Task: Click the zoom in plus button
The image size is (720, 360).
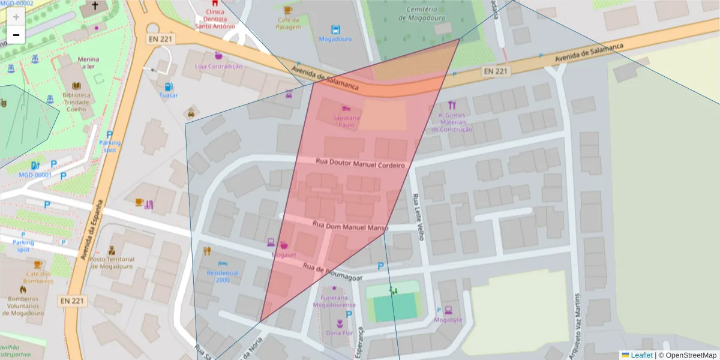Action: [16, 17]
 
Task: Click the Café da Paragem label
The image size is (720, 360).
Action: [288, 23]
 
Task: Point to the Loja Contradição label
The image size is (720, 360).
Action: [218, 67]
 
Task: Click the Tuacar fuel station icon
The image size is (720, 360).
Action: [169, 86]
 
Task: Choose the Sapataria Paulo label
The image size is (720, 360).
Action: [347, 121]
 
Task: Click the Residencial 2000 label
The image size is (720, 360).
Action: [222, 276]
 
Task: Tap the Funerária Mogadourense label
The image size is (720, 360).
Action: [334, 301]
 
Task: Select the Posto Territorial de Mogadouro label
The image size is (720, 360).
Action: [112, 262]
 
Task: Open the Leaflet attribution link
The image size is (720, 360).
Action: [641, 355]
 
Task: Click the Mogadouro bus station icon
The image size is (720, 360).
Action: [335, 29]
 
